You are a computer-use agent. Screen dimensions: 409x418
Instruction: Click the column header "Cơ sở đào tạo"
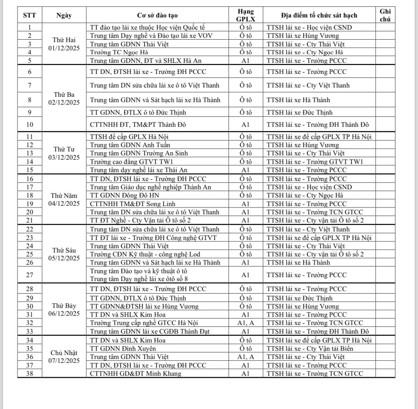click(157, 15)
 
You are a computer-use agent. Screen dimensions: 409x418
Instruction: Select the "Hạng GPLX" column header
click(245, 15)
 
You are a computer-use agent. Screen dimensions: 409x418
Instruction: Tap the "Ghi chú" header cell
click(385, 15)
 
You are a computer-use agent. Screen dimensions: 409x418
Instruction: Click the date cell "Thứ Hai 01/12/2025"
click(64, 44)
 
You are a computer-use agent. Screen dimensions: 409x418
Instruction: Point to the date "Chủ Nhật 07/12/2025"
click(64, 356)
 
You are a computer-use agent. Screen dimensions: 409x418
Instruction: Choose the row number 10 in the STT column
click(30, 125)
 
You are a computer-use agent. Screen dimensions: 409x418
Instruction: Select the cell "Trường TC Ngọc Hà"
click(119, 52)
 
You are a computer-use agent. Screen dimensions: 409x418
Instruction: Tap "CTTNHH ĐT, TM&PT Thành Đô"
click(138, 125)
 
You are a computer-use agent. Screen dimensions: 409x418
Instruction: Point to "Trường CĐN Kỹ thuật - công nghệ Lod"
click(145, 254)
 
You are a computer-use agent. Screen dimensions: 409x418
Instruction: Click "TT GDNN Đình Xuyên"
click(123, 349)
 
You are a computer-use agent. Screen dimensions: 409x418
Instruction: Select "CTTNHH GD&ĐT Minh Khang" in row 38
click(135, 374)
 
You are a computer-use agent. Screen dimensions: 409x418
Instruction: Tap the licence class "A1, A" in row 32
click(245, 323)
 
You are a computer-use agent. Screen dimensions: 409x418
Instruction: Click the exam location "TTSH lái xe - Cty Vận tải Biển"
click(310, 349)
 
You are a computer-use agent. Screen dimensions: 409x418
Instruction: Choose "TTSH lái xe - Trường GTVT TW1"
click(315, 161)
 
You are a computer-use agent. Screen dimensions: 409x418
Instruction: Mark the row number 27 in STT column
click(30, 275)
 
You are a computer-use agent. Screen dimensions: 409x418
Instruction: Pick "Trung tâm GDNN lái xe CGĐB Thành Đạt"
click(150, 331)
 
